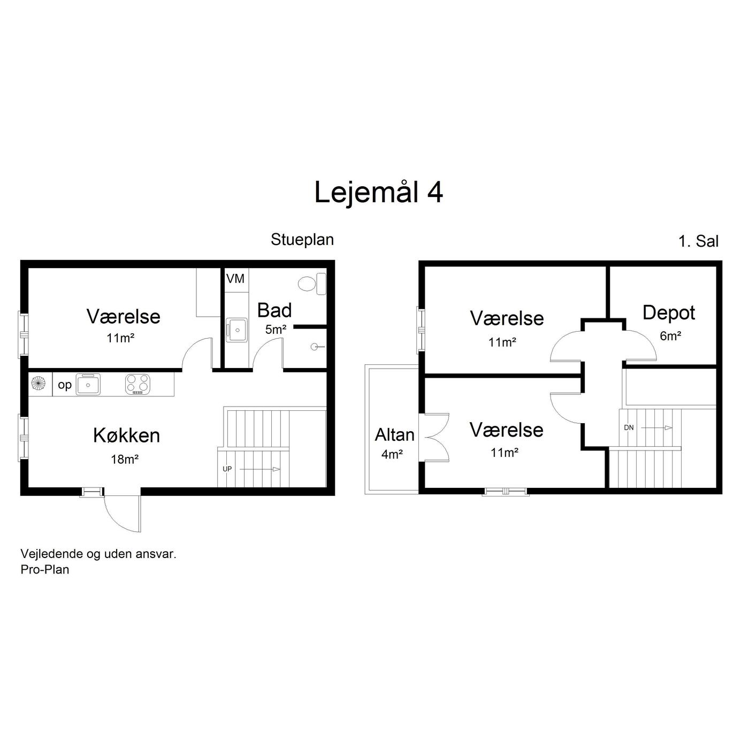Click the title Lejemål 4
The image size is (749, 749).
(378, 193)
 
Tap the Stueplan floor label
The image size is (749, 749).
(302, 240)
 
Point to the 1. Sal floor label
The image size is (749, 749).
(698, 241)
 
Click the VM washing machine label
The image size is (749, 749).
(235, 278)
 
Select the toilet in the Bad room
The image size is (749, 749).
(312, 284)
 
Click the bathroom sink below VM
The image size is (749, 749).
(236, 330)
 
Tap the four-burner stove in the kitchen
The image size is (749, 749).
(137, 385)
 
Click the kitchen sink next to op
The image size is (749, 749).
(88, 385)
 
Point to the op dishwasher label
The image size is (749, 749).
(65, 385)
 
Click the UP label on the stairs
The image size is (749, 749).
(227, 469)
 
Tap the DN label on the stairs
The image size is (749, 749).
(629, 427)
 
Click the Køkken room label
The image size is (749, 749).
(127, 435)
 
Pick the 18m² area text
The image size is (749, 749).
(125, 459)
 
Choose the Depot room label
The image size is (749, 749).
(669, 313)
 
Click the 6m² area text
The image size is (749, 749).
(670, 335)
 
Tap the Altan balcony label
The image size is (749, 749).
(394, 435)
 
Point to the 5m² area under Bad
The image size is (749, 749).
(276, 329)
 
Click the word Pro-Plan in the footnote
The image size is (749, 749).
(45, 569)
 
